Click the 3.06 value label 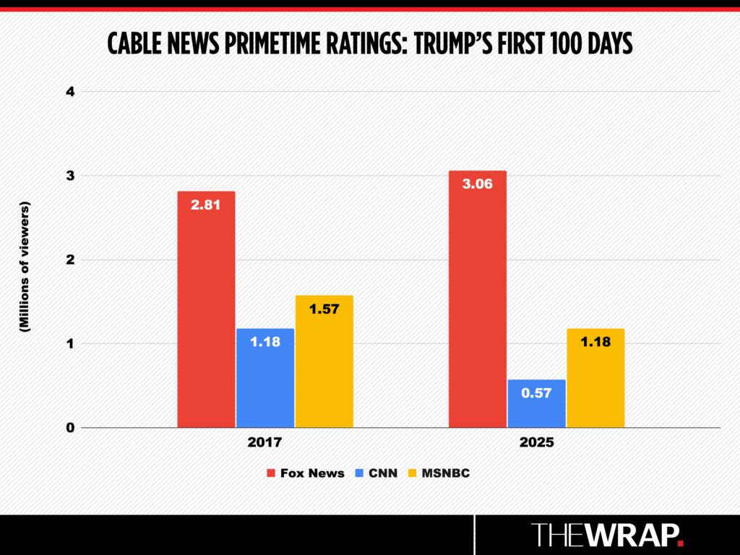[477, 184]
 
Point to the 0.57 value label [536, 393]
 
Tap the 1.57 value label [324, 309]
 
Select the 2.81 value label [206, 205]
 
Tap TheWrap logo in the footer [607, 535]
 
